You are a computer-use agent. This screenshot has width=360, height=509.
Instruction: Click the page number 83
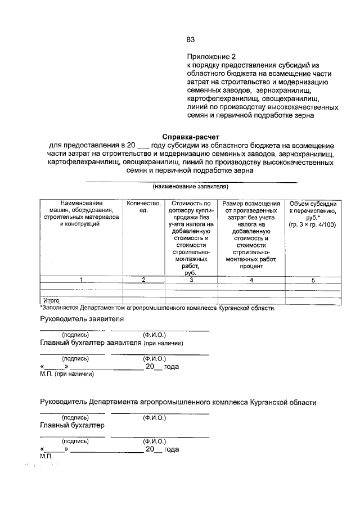tap(190, 39)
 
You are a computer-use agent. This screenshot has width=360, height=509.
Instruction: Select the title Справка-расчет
tap(191, 137)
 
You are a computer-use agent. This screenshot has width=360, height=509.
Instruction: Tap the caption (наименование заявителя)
tap(190, 186)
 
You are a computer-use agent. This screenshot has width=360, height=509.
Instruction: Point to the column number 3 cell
tap(191, 280)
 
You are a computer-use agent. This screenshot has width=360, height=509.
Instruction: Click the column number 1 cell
tap(81, 280)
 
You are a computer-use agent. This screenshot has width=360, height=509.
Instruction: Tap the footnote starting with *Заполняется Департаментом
tap(157, 308)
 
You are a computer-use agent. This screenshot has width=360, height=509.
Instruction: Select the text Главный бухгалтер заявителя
tap(91, 343)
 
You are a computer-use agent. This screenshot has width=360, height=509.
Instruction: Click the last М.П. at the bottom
tap(46, 457)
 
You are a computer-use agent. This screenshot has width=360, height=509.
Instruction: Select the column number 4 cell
tap(251, 280)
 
